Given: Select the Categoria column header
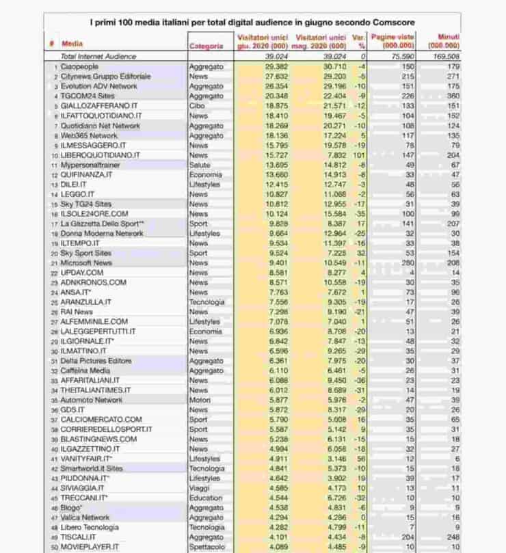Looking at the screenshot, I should click(206, 46).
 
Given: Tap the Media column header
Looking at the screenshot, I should click(72, 43).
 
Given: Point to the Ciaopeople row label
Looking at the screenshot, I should click(80, 67).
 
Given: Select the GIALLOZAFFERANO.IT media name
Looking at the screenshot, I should click(98, 106).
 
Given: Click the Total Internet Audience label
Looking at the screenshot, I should click(98, 56).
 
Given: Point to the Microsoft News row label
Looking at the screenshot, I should click(86, 262).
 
